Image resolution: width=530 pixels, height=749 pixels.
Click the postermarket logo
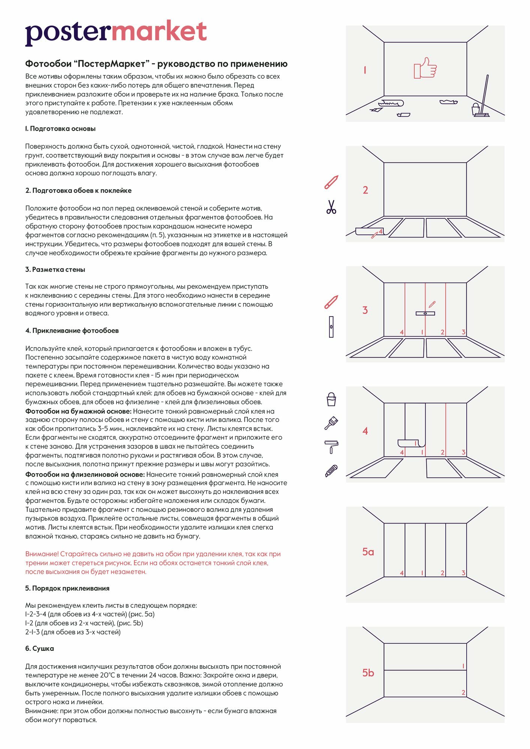[116, 33]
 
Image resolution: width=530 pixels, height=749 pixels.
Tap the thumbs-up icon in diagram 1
[425, 68]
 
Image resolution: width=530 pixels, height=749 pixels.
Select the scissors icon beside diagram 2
[331, 207]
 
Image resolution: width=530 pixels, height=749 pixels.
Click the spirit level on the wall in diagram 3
[425, 313]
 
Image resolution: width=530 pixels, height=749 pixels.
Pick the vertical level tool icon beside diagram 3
[331, 327]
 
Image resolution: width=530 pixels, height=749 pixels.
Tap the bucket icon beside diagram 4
[331, 400]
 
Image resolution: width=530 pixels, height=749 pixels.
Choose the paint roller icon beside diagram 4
[331, 446]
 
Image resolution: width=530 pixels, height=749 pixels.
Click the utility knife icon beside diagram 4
[331, 471]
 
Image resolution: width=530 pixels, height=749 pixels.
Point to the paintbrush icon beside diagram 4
[331, 423]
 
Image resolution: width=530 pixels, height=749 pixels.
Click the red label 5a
[368, 552]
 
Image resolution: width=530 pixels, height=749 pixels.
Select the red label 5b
[368, 673]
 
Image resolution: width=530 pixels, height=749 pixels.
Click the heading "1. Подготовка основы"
[60, 129]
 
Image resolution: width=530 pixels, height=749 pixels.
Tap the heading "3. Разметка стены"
[55, 270]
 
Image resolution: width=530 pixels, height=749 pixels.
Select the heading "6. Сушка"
[39, 648]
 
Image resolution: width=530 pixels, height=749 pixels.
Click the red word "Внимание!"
[42, 554]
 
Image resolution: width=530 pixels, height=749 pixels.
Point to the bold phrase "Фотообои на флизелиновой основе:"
[85, 474]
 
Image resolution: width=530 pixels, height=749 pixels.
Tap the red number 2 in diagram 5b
[463, 692]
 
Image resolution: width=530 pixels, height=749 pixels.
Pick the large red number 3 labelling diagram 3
[365, 310]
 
